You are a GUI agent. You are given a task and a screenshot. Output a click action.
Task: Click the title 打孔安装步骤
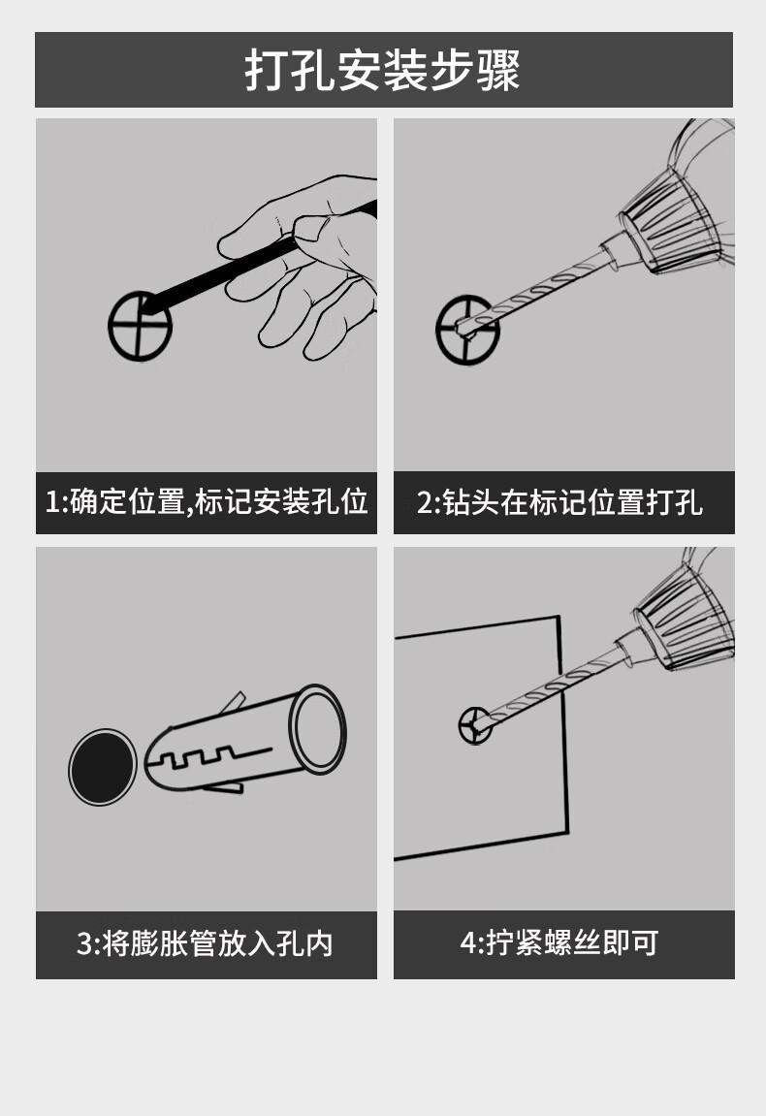tap(382, 70)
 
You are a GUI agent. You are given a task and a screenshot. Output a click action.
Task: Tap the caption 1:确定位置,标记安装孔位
tap(207, 502)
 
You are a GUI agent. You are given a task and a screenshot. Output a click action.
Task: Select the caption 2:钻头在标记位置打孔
tap(559, 502)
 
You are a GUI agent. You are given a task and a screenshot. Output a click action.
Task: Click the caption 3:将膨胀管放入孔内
tap(205, 943)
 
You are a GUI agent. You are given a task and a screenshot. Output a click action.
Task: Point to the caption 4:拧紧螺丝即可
tap(559, 943)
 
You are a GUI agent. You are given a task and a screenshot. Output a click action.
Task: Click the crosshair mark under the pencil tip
tap(141, 326)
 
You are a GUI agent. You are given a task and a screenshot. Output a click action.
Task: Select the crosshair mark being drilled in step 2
tap(467, 330)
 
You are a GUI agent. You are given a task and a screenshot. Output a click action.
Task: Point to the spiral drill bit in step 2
tap(537, 293)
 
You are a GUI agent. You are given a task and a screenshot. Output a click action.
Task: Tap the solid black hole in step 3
tap(103, 767)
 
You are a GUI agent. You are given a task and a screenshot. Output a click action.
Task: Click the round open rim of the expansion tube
tap(317, 729)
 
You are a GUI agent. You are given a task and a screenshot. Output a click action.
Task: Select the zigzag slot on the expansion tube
tap(213, 757)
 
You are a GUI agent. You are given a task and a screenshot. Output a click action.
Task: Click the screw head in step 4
tap(475, 725)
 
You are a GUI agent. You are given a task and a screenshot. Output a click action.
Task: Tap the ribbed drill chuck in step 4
tap(684, 622)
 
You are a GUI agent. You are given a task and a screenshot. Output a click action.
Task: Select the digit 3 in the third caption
tap(84, 944)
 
